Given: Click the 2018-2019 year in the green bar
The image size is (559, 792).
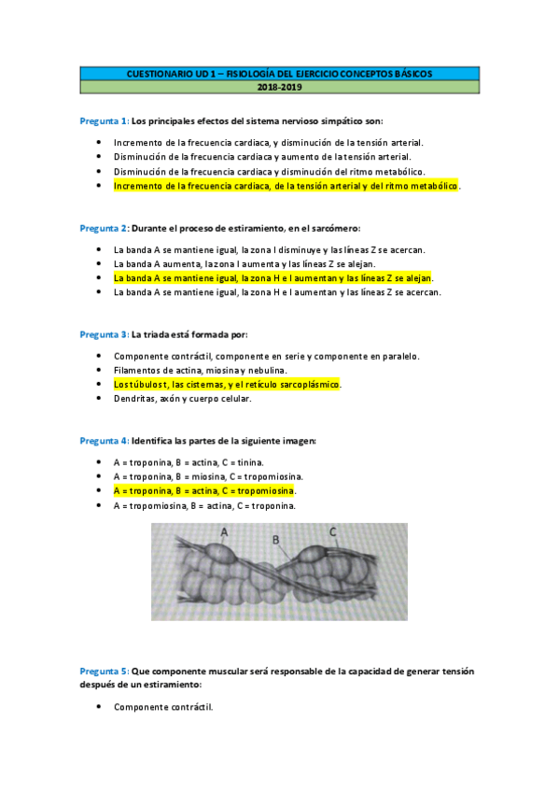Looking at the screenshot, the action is coord(280,87).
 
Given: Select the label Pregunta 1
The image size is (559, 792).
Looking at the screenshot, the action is coord(104,121).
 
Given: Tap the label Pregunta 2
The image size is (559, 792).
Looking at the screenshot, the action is coord(104,228).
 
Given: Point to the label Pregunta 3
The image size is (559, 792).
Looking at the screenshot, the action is coord(104,334).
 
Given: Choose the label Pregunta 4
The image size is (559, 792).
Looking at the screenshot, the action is coord(104,440).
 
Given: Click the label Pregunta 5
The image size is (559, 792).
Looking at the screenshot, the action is coord(104,671).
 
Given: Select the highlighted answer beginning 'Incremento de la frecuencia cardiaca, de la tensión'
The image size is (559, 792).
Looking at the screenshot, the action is coord(286,186).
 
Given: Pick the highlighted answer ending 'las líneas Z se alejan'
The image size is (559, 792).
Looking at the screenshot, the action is coord(273,278).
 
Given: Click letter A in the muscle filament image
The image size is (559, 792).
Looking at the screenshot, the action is coord(225,531).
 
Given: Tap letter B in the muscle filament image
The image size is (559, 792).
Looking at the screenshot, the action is coord(276,539).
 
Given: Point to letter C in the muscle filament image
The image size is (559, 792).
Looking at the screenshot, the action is coord(332,531).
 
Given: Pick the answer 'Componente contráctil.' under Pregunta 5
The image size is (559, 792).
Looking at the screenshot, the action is coord(163,707).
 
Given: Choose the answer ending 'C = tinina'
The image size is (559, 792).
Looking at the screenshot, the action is coord(188,462).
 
